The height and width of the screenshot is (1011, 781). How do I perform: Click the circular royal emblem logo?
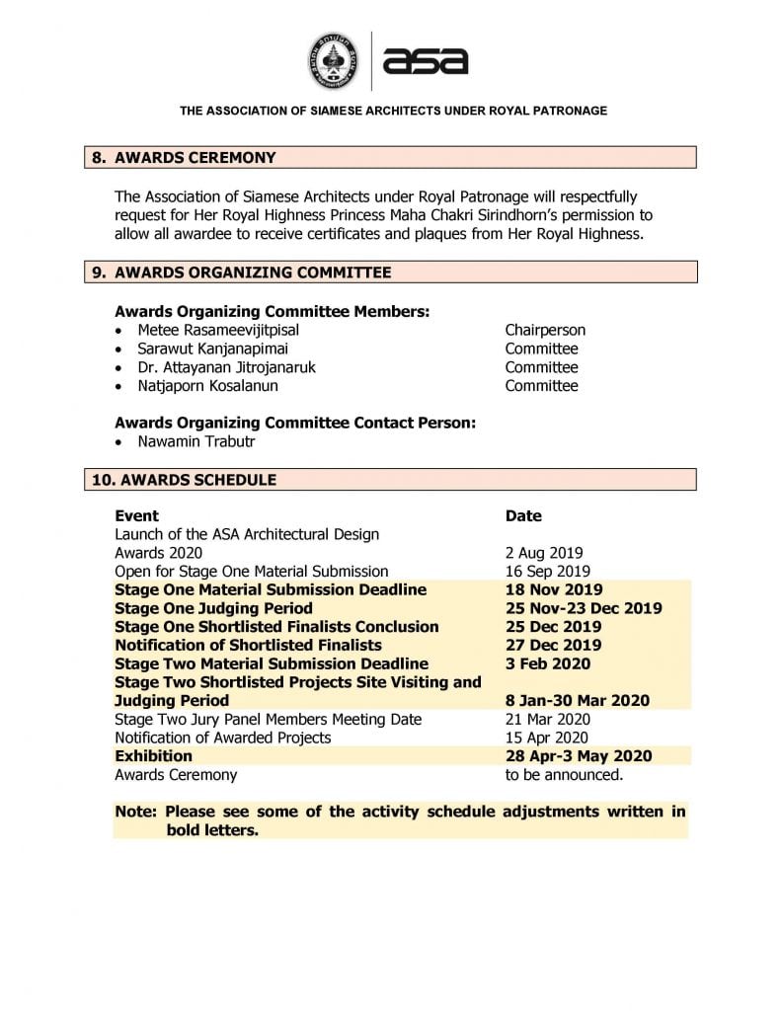tap(335, 61)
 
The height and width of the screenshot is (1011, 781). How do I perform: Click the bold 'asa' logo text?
tap(425, 61)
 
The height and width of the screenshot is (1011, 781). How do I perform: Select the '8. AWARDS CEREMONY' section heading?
tap(195, 157)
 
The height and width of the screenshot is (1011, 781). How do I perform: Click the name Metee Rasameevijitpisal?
tap(218, 330)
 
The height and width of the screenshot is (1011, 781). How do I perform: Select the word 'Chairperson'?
tap(545, 330)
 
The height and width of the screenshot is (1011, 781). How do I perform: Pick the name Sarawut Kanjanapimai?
tap(213, 349)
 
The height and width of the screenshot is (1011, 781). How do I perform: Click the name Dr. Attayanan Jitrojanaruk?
tap(227, 367)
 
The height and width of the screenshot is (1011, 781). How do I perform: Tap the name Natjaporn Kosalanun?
tap(207, 386)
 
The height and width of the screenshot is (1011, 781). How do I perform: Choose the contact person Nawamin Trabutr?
tap(195, 441)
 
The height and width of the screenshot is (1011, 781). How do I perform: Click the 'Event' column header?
tap(136, 515)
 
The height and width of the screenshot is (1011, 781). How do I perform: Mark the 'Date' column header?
tap(523, 515)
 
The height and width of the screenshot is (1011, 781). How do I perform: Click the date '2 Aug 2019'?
tap(544, 553)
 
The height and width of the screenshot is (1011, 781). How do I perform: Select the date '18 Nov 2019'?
tap(554, 589)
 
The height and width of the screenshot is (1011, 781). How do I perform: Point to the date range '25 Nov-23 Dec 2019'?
tap(584, 608)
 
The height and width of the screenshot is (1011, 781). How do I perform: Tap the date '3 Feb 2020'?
tap(549, 663)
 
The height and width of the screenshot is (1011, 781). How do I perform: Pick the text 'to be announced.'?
tap(564, 775)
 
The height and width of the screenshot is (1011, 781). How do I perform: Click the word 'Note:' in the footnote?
tap(136, 812)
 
